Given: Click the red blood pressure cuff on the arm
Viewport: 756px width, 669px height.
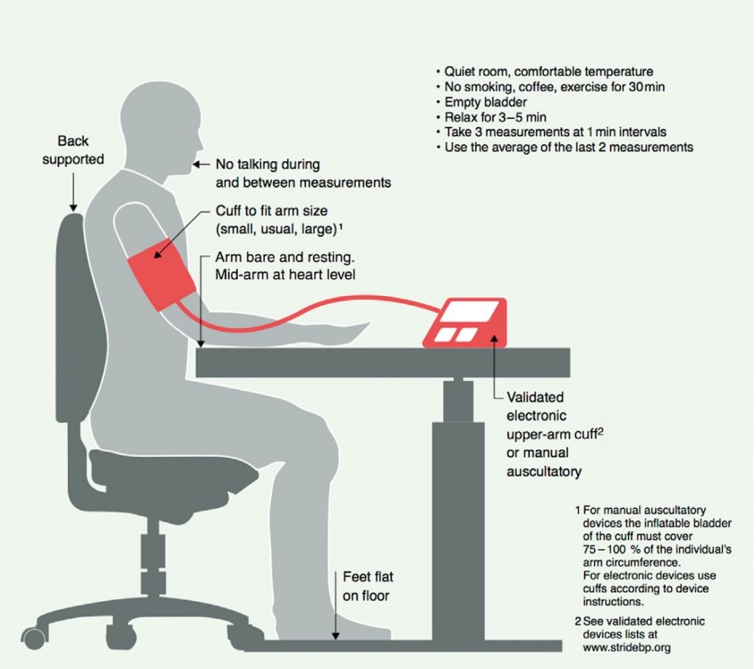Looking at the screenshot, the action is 162,275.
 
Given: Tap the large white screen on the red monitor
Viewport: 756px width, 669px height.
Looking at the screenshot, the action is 471,312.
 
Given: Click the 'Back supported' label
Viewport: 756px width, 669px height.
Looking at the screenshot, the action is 73,150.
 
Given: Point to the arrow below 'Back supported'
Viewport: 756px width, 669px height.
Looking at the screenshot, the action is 73,193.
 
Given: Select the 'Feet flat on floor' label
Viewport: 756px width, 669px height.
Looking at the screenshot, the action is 368,586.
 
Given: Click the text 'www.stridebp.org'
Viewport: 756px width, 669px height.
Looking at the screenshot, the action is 627,648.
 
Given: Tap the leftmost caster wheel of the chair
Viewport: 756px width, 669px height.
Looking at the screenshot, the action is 34,638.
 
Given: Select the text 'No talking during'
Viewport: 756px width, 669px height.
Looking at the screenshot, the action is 267,165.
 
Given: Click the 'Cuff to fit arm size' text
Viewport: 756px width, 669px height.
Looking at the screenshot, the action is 272,210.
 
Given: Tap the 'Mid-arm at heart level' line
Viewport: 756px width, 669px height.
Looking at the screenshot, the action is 286,275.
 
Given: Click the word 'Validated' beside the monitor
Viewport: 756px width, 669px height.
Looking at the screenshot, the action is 535,397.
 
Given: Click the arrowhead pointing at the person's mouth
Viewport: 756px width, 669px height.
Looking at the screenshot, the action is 196,165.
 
